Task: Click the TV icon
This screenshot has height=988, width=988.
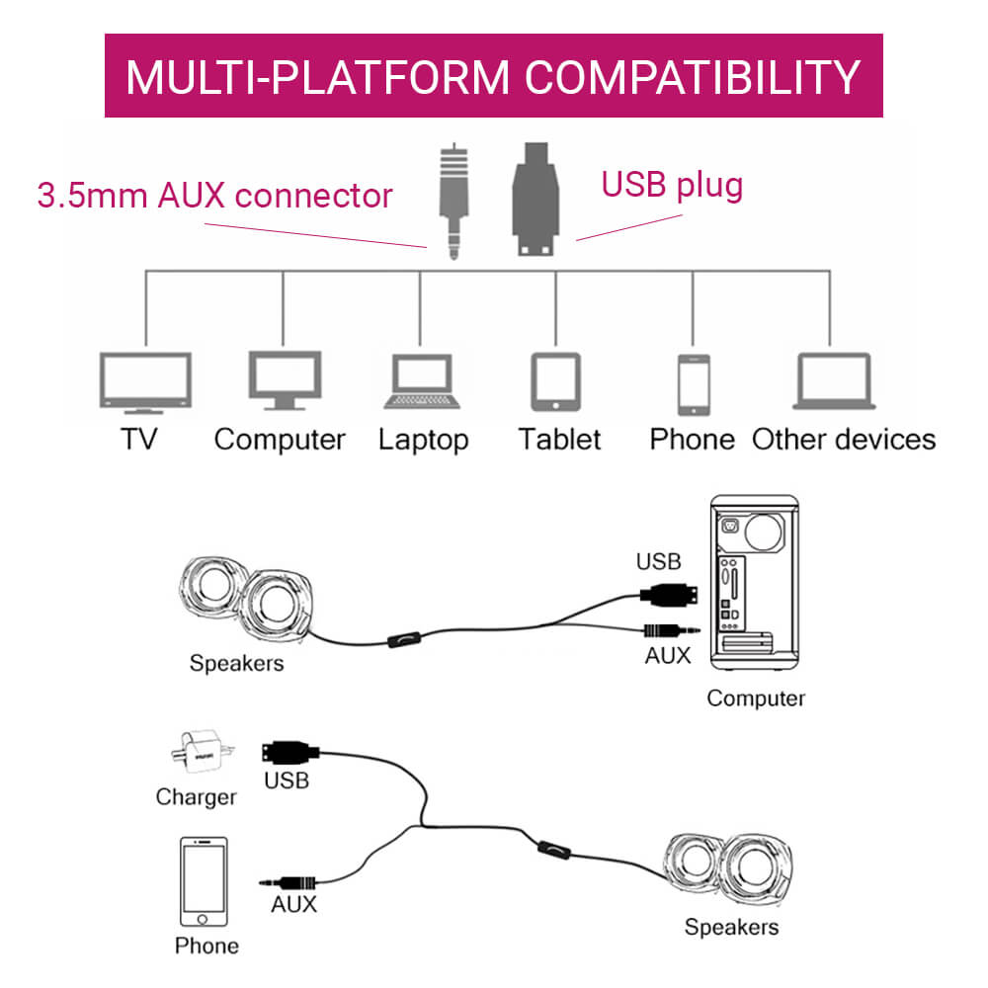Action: tap(144, 382)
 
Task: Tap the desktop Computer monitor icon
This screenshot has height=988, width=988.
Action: tap(284, 379)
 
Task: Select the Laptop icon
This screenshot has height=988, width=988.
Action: tap(421, 381)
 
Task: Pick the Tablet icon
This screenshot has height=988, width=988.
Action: tap(555, 381)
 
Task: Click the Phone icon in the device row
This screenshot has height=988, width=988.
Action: tap(693, 383)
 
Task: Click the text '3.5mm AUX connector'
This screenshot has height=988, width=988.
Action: tap(214, 195)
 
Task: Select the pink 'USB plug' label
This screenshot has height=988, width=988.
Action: tap(672, 184)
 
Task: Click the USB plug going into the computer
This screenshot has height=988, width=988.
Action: tap(672, 595)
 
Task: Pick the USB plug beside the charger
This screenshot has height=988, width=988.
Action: tap(290, 752)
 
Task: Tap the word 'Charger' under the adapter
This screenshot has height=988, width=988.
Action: tap(196, 796)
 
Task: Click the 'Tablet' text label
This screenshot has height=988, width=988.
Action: tap(559, 439)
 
